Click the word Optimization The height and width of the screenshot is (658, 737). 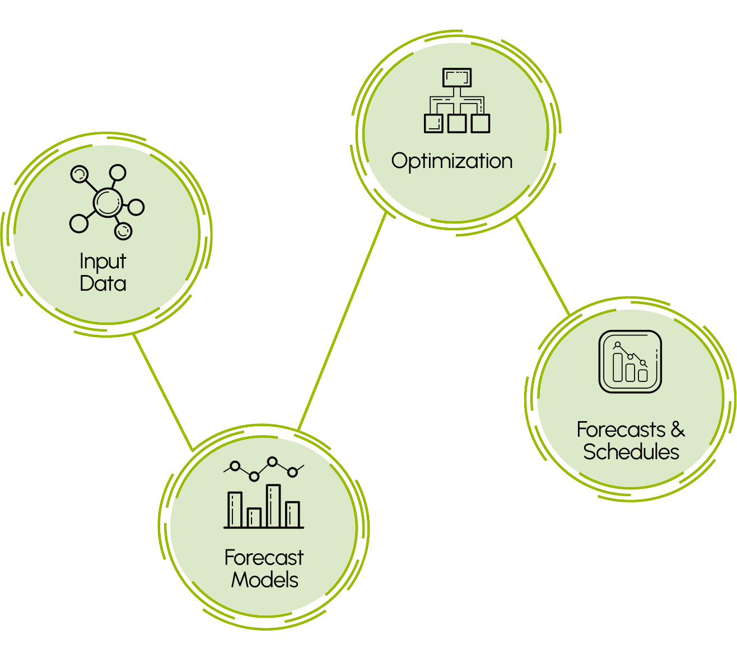(x=451, y=161)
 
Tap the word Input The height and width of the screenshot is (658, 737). (x=102, y=262)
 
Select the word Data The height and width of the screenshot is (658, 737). (x=102, y=283)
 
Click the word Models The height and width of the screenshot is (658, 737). (x=264, y=580)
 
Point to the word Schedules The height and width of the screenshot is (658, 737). (x=631, y=452)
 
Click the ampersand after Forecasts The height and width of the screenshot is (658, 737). (x=677, y=430)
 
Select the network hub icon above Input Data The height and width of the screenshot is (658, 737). (x=106, y=202)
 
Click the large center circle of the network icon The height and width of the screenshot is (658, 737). (x=106, y=202)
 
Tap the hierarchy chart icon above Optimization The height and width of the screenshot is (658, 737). (x=457, y=101)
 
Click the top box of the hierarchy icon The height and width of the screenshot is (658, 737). (x=457, y=78)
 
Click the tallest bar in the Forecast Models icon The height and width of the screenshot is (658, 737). (x=273, y=506)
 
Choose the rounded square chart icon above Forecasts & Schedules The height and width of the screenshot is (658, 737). (x=630, y=362)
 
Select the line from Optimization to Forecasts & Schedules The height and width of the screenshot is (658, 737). (x=542, y=266)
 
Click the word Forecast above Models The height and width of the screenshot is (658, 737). (x=264, y=558)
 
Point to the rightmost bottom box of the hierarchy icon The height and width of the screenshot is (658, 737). (x=481, y=123)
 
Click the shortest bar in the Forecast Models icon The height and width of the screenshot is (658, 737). (x=254, y=517)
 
